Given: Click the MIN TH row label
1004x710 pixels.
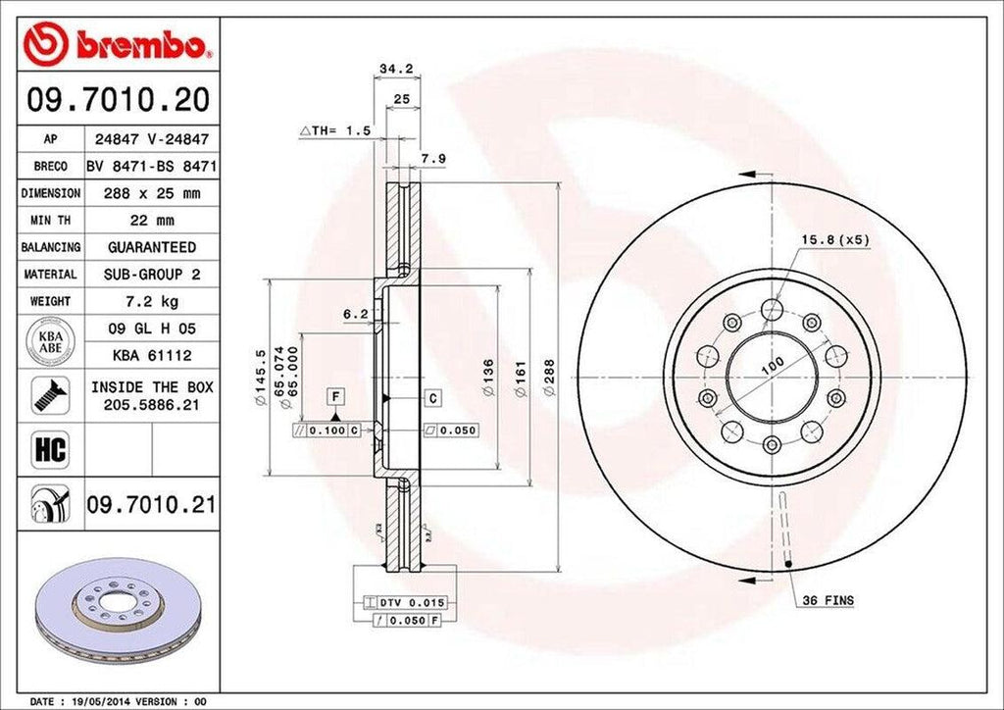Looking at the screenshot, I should [x=49, y=221].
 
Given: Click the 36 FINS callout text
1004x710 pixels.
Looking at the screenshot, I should [x=828, y=599].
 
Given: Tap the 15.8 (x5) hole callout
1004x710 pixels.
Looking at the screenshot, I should [x=835, y=239].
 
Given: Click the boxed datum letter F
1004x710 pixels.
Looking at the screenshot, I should [x=335, y=396].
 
